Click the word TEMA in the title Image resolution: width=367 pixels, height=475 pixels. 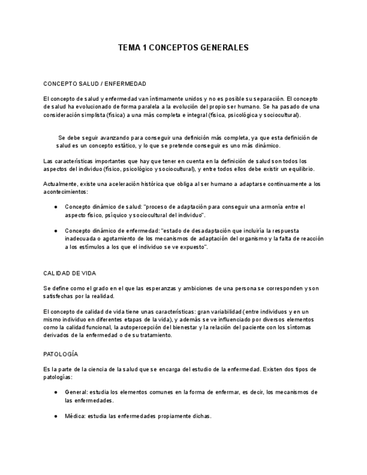(x=128, y=48)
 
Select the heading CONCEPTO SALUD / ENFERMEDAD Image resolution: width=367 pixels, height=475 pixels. (x=95, y=83)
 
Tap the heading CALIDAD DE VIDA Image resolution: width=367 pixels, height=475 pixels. (x=69, y=273)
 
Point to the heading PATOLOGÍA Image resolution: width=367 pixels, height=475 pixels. (x=61, y=354)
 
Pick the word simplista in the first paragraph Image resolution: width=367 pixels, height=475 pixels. (x=95, y=115)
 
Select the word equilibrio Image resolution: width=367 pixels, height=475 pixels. (x=298, y=169)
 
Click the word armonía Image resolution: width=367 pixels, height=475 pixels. (x=271, y=207)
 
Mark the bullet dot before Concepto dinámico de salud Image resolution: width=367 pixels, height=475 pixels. (x=55, y=207)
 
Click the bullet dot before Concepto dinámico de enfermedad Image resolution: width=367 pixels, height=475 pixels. (x=55, y=230)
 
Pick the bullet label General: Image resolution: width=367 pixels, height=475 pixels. (x=76, y=392)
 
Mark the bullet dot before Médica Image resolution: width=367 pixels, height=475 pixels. (x=55, y=416)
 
